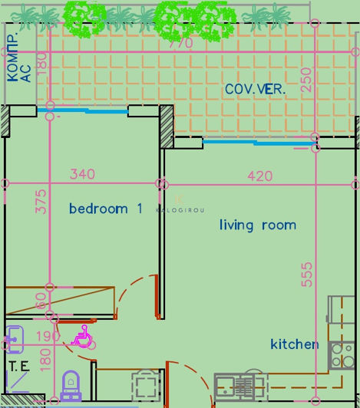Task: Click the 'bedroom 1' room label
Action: [106, 209]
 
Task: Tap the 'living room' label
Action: [257, 225]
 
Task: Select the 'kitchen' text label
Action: [294, 344]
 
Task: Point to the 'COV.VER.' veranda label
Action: [255, 90]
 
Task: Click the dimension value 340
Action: [82, 175]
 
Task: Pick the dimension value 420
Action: [259, 176]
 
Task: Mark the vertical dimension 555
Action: [307, 274]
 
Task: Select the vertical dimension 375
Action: [41, 201]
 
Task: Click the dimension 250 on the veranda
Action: [307, 80]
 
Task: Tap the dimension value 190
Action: [48, 337]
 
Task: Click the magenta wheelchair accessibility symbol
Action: [81, 335]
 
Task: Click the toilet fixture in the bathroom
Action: [70, 383]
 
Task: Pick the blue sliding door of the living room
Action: [258, 142]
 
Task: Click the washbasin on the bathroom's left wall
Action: [14, 335]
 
